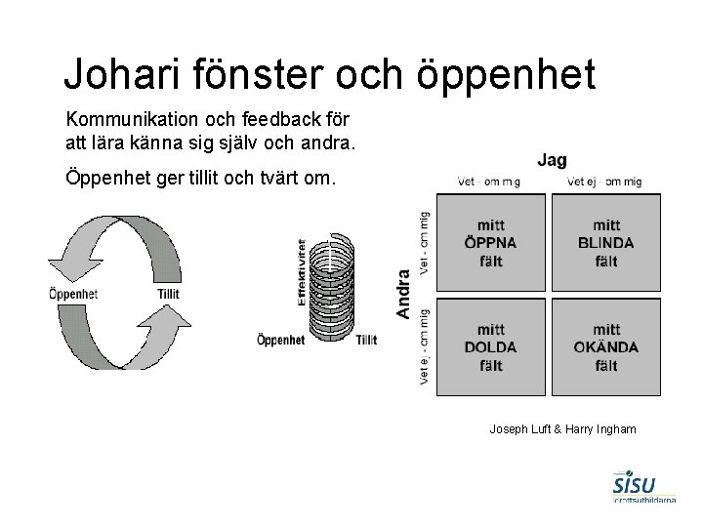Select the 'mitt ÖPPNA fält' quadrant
click(490, 243)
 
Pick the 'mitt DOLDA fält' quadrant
click(490, 346)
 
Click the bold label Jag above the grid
click(552, 160)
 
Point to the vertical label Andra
click(402, 294)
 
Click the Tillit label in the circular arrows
click(168, 294)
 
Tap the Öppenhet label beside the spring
click(280, 340)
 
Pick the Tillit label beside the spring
click(367, 340)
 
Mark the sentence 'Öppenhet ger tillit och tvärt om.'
click(200, 180)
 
